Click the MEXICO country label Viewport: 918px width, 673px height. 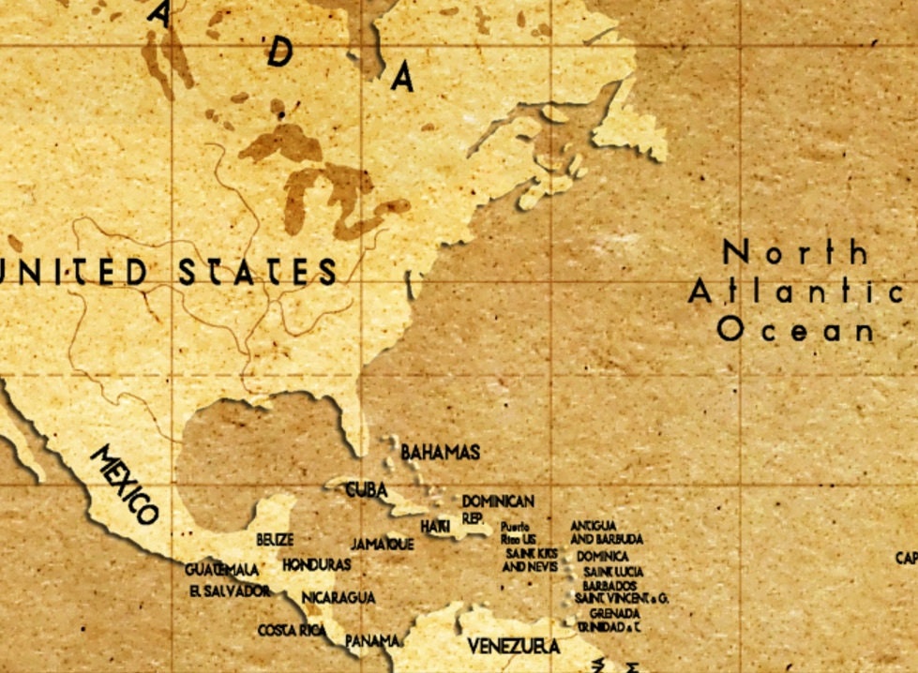pyautogui.click(x=125, y=485)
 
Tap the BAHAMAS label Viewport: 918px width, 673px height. pyautogui.click(x=440, y=453)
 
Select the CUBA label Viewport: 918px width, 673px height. pyautogui.click(x=366, y=489)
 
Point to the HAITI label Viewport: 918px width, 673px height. pyautogui.click(x=435, y=528)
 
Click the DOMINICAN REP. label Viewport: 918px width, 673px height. pyautogui.click(x=497, y=509)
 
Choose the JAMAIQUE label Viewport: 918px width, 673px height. pyautogui.click(x=382, y=545)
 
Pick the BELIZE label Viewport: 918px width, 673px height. pyautogui.click(x=275, y=540)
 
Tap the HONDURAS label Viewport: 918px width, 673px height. pyautogui.click(x=316, y=565)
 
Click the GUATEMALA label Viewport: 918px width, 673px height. pyautogui.click(x=221, y=570)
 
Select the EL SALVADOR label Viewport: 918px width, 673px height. pyautogui.click(x=230, y=591)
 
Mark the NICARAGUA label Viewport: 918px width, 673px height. pyautogui.click(x=339, y=597)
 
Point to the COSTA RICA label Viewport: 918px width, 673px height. pyautogui.click(x=292, y=630)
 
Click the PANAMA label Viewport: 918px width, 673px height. pyautogui.click(x=373, y=641)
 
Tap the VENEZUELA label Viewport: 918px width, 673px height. pyautogui.click(x=514, y=647)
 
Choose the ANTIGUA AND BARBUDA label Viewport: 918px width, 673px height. pyautogui.click(x=607, y=532)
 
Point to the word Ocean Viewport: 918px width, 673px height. pyautogui.click(x=796, y=330)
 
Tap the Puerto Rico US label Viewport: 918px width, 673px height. pyautogui.click(x=519, y=533)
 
